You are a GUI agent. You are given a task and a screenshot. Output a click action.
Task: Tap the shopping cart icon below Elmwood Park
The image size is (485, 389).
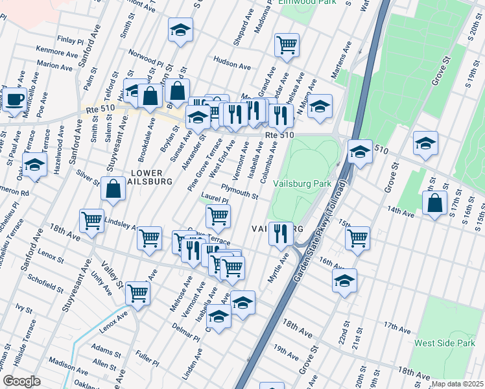coord(287,45)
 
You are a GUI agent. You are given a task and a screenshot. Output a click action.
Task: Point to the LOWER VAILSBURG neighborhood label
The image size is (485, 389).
coord(151,177)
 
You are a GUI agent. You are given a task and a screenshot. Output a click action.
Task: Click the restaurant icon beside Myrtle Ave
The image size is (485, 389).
coord(280,233)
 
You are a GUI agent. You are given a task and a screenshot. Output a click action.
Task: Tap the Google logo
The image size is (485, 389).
coord(21,381)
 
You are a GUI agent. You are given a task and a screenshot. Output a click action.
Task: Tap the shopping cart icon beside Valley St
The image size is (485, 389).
coord(137,292)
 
